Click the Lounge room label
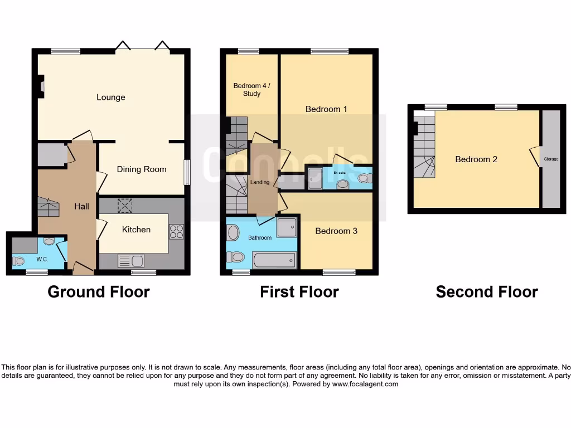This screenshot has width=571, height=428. tap(110, 98)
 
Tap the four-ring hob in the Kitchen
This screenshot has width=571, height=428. tap(176, 231)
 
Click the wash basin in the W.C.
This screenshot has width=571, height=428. tap(49, 242)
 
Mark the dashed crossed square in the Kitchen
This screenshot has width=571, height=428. tap(125, 206)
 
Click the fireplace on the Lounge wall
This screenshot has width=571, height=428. tap(41, 86)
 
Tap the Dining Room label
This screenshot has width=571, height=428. tap(141, 169)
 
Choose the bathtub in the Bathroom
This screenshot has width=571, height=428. tap(274, 260)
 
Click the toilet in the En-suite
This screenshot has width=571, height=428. tap(364, 179)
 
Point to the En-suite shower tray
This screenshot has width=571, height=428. tap(315, 178)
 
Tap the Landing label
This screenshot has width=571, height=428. tap(260, 182)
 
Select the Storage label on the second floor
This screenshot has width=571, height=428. tap(551, 159)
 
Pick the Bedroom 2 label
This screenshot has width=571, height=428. tap(476, 159)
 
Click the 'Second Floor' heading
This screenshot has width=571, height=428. tap(486, 291)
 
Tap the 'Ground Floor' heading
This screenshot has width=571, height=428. tap(99, 291)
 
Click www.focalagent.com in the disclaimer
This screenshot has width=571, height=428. tap(365, 384)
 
